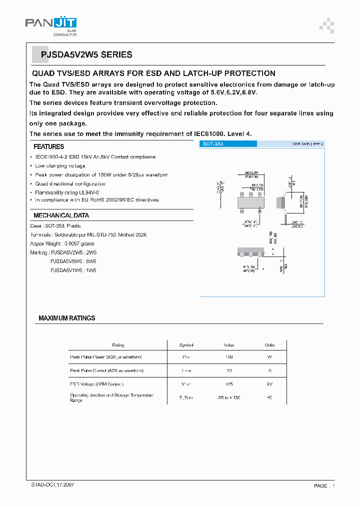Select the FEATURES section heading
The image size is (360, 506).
pos(48,146)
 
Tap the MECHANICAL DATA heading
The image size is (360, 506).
pos(61,215)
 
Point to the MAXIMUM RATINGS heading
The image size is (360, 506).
pos(66,318)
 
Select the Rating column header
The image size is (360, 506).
pos(118,345)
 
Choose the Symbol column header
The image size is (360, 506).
pos(186,345)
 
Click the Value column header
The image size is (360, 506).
pos(229,345)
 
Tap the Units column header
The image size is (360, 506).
pos(270,345)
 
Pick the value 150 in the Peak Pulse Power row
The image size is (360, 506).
pos(229,357)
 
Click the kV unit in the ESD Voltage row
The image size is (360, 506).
pos(270,384)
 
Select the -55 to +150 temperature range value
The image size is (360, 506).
pos(229,397)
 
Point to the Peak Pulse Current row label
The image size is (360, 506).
pos(106,370)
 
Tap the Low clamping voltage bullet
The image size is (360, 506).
pos(60,166)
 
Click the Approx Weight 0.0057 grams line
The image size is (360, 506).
pos(63,243)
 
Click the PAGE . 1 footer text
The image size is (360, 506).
pos(324,486)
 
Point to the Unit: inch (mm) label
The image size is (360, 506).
pos(307,144)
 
